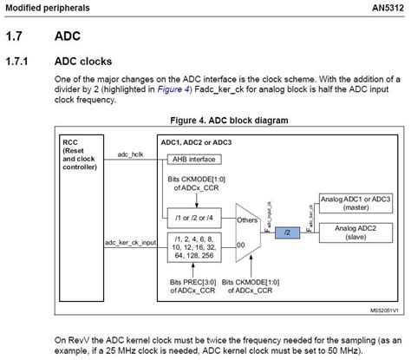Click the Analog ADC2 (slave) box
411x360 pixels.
pyautogui.click(x=356, y=232)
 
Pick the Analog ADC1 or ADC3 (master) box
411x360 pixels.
pyautogui.click(x=356, y=204)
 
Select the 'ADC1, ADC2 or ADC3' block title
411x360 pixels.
pyautogui.click(x=200, y=141)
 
